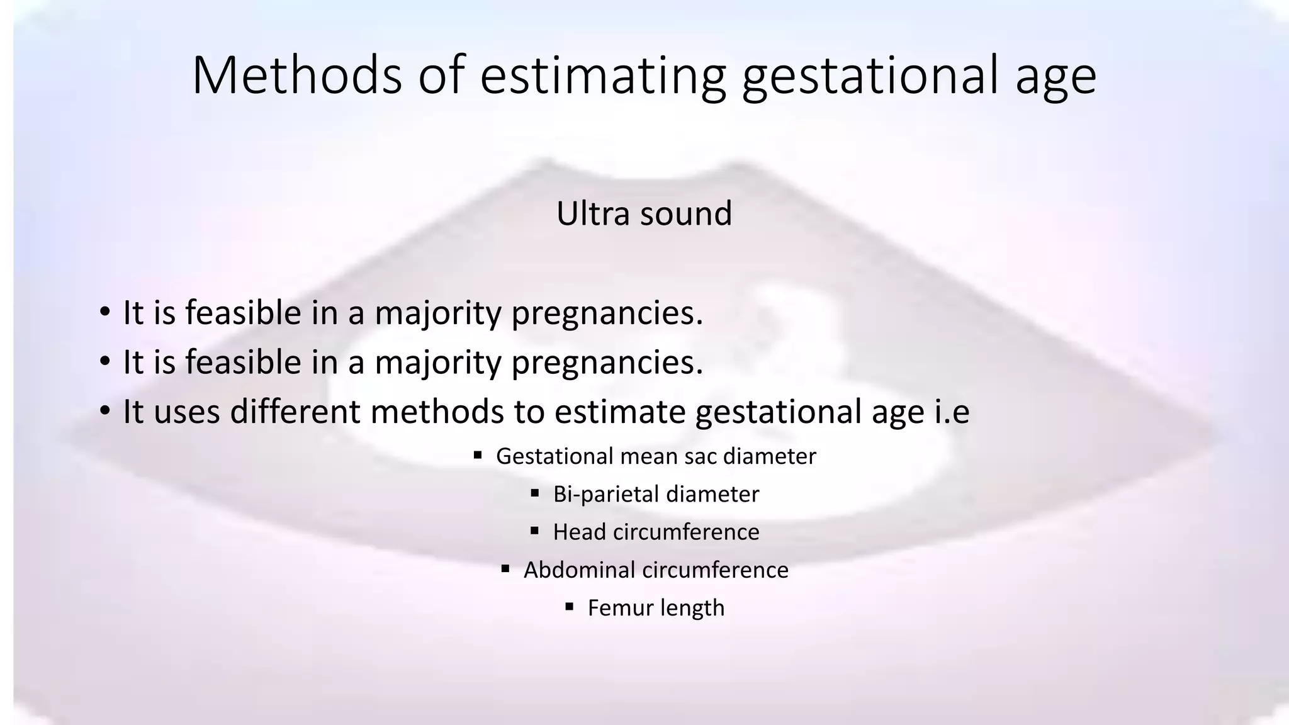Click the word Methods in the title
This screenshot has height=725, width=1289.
(x=296, y=76)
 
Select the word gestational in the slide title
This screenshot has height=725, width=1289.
(x=869, y=77)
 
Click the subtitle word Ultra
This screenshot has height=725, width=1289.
(x=593, y=213)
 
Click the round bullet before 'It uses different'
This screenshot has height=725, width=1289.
(x=105, y=412)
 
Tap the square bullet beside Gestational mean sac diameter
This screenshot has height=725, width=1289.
(x=478, y=454)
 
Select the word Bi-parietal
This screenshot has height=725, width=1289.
(x=606, y=495)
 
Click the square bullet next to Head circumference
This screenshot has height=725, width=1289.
(x=535, y=531)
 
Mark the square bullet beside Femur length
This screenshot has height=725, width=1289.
(x=570, y=606)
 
